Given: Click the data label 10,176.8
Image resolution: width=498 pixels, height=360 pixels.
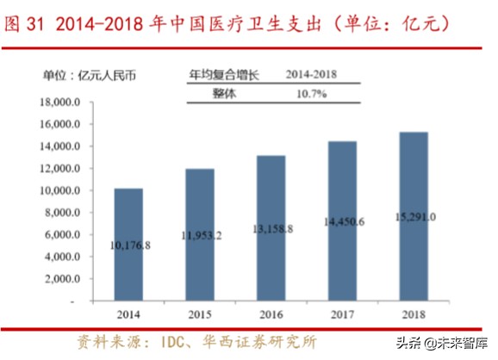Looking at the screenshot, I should click(x=128, y=245).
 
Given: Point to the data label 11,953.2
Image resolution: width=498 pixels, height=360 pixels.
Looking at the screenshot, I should click(x=201, y=233).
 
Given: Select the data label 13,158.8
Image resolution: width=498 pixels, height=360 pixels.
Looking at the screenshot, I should click(x=272, y=228).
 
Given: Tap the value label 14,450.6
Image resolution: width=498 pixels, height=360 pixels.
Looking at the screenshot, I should click(x=342, y=221).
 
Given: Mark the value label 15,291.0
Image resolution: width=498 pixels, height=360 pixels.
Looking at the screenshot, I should click(x=414, y=216).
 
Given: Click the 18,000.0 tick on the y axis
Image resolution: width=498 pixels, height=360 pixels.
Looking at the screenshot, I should click(x=60, y=102).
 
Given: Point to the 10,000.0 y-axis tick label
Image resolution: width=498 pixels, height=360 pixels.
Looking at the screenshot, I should click(x=60, y=191).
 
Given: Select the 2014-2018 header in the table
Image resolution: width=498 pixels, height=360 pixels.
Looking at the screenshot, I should click(x=314, y=75).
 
